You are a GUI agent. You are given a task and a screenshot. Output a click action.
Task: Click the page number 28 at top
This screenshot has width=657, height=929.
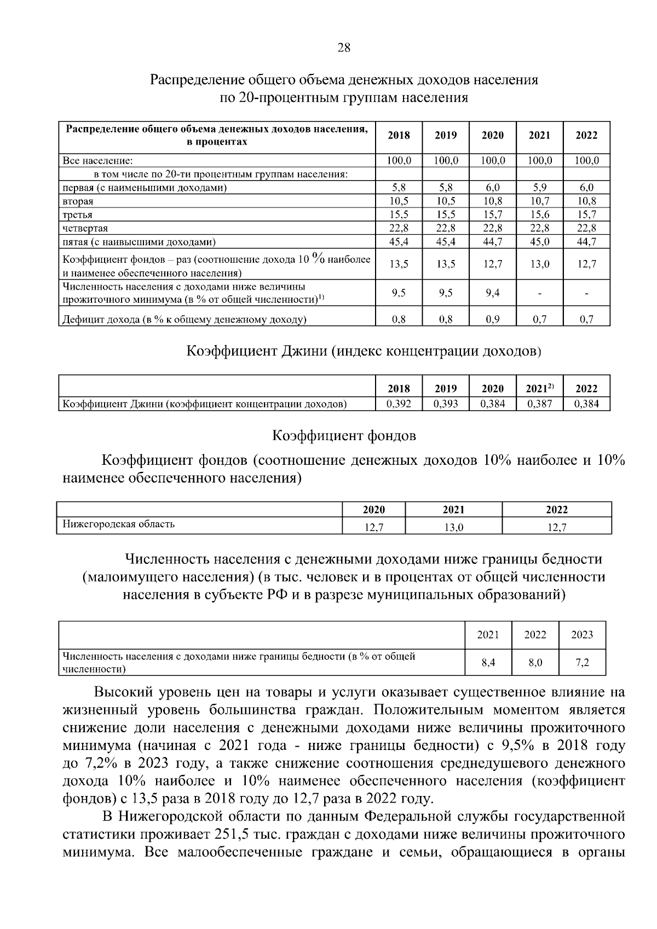(x=344, y=48)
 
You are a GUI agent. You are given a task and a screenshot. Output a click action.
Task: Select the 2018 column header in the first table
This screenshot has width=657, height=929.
(x=399, y=136)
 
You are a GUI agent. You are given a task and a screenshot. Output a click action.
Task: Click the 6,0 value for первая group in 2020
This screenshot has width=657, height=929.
(x=492, y=188)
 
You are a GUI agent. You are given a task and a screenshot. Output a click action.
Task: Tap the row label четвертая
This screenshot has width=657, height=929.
(x=85, y=228)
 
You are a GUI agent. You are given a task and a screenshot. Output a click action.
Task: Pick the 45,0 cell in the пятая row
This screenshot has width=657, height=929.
(x=539, y=241)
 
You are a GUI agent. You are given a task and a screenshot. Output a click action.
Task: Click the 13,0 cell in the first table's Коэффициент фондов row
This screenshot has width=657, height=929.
(x=539, y=264)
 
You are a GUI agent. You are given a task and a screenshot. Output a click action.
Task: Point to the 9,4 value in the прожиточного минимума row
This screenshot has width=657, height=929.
(x=492, y=293)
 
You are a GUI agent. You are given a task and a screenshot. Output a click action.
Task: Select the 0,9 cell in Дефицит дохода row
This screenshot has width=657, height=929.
(x=492, y=320)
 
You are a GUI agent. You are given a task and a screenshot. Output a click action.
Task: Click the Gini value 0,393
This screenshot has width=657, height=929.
(x=446, y=404)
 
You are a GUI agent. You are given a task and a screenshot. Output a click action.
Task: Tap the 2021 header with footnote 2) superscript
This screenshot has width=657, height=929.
(x=539, y=388)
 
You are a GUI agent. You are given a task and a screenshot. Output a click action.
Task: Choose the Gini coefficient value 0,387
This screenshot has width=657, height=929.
(x=539, y=404)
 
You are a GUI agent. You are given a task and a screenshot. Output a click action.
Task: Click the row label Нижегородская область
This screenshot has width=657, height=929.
(x=119, y=524)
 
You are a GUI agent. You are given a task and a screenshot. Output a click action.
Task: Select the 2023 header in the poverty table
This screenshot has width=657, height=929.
(x=582, y=635)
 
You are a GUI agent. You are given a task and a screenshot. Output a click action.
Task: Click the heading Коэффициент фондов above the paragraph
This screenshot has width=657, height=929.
(x=344, y=436)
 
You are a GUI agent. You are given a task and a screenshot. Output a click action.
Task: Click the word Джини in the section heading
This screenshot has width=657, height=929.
(x=304, y=351)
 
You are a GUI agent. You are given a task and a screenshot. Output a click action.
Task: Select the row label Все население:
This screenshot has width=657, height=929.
(x=98, y=161)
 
